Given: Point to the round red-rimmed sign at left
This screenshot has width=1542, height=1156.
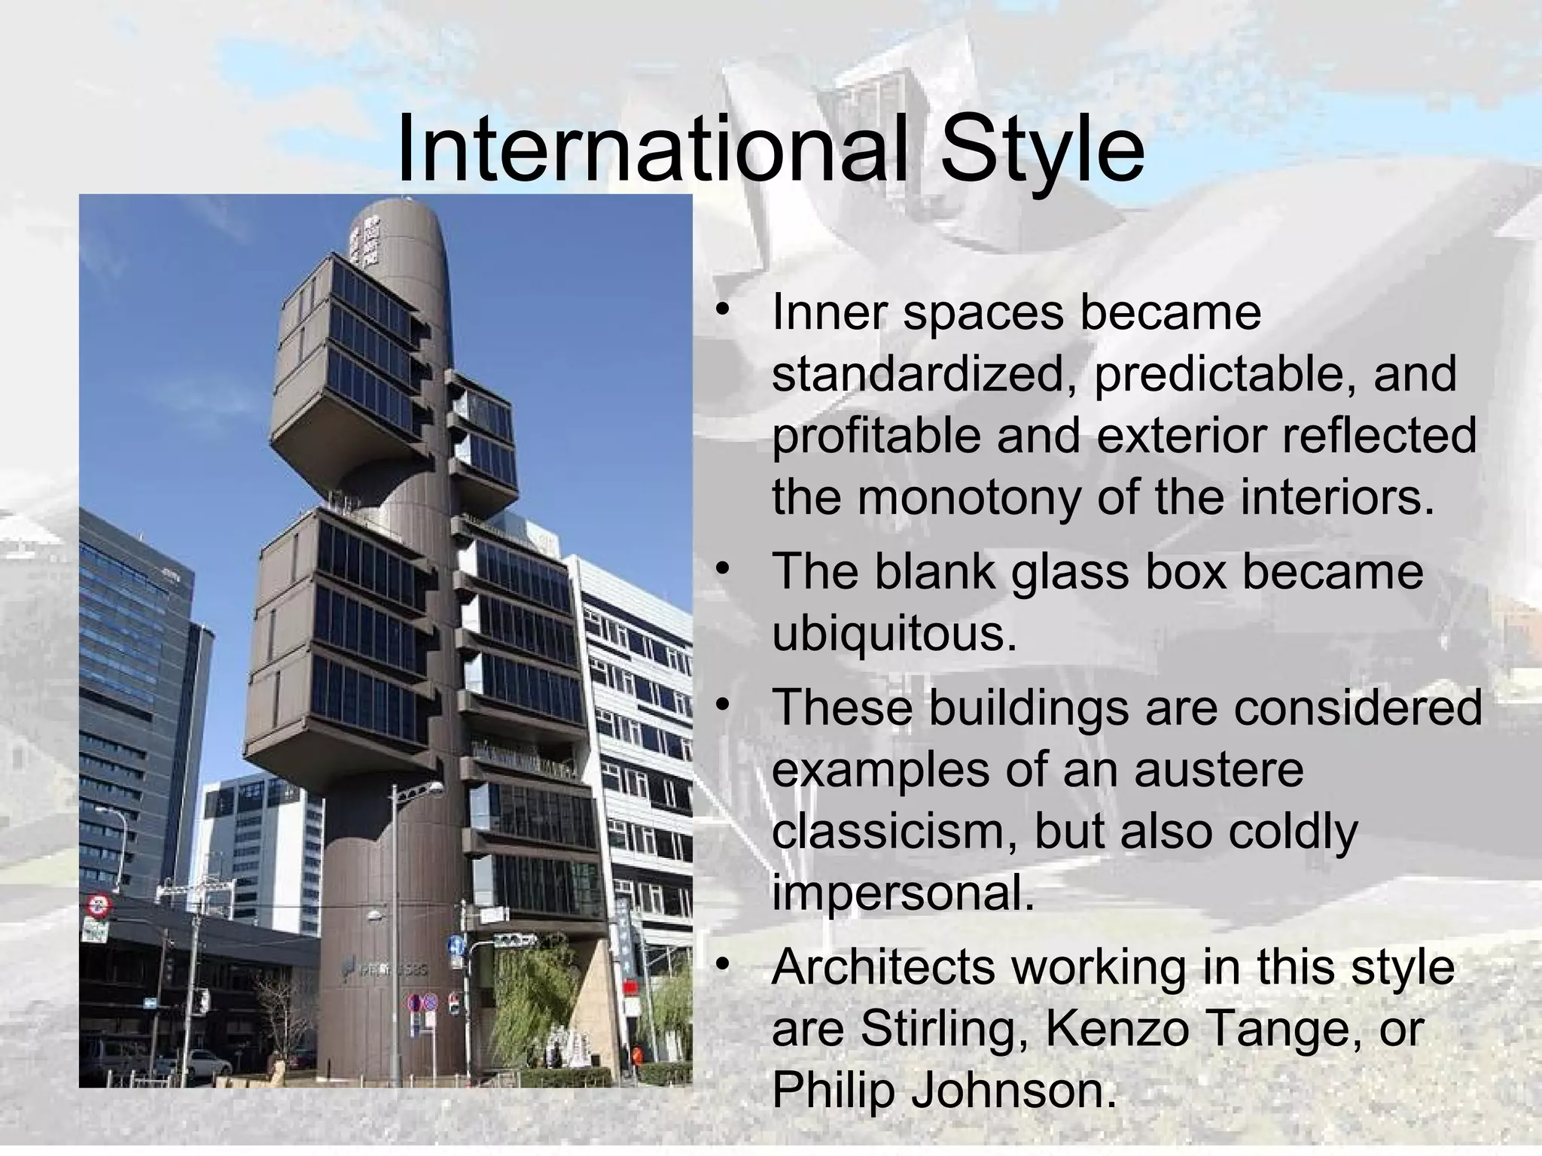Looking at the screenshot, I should point(98,905).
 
